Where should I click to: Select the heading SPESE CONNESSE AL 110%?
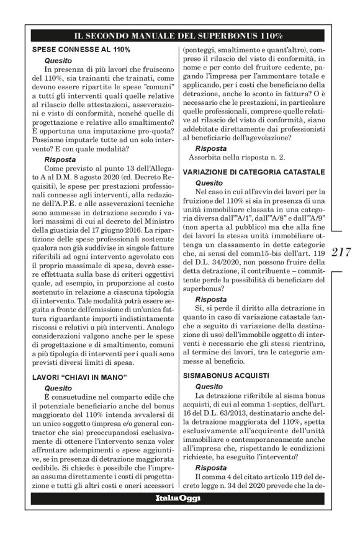tap(81, 49)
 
